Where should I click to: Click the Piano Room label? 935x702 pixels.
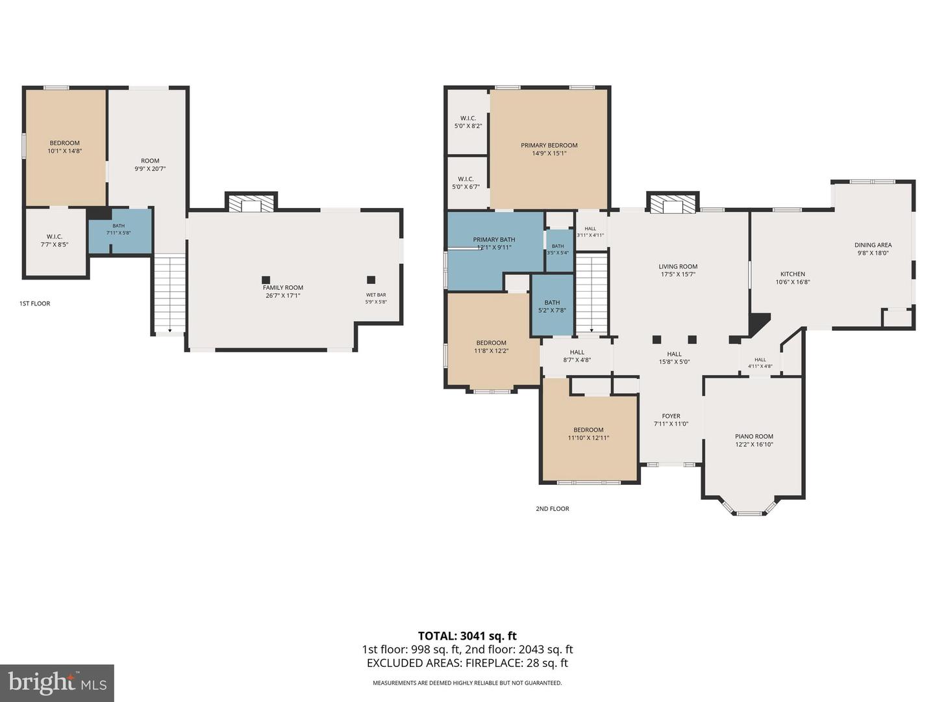(x=754, y=436)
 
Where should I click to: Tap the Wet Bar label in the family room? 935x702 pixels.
(x=376, y=294)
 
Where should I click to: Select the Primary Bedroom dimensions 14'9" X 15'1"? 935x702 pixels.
(x=549, y=153)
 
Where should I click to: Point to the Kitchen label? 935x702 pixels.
(x=792, y=274)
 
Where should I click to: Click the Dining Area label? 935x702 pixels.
(x=873, y=244)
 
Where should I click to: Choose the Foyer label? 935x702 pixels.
(x=671, y=415)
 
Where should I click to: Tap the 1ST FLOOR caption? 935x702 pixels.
(x=35, y=304)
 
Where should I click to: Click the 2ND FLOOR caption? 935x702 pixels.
(x=552, y=508)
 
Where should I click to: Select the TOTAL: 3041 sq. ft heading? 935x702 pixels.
(x=467, y=636)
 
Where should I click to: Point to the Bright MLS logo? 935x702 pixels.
(x=57, y=682)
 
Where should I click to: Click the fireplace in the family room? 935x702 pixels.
(x=251, y=203)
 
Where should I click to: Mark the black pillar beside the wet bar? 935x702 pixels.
(x=371, y=279)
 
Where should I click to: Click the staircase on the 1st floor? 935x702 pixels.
(x=169, y=294)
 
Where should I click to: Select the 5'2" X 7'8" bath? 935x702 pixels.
(x=553, y=305)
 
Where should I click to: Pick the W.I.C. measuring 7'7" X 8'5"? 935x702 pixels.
(x=55, y=242)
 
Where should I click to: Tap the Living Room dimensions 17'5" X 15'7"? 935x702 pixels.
(x=678, y=274)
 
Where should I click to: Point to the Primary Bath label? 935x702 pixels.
(x=494, y=240)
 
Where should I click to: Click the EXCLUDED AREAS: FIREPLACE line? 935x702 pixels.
(x=467, y=663)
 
